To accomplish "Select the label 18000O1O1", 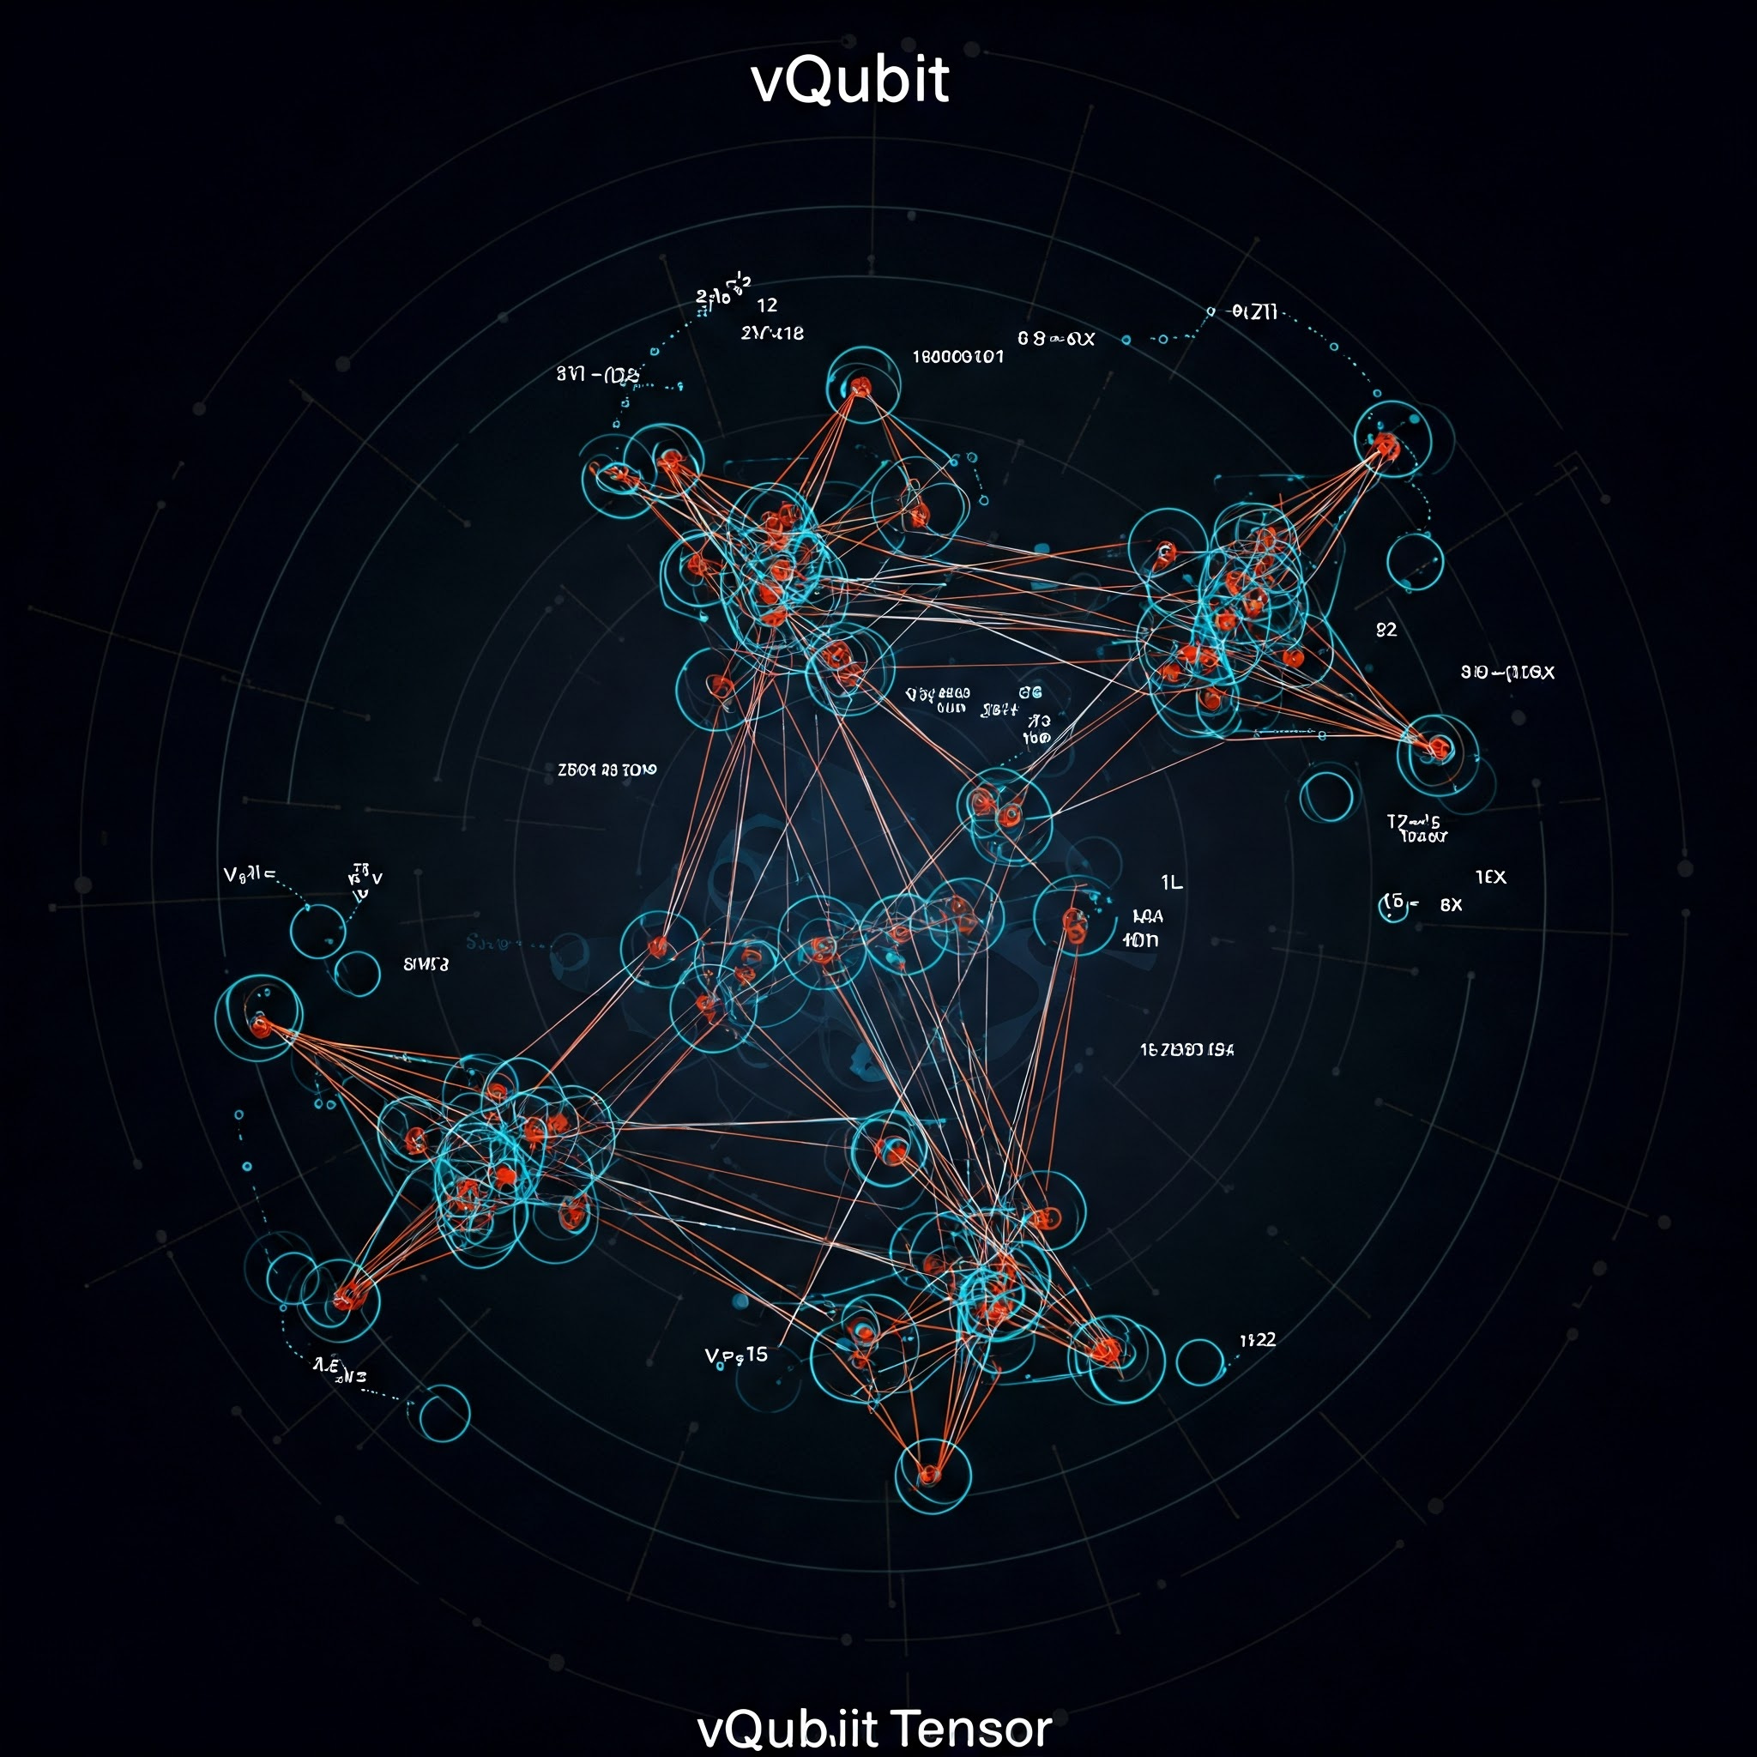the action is (x=957, y=357).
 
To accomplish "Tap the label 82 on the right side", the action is (x=1386, y=630).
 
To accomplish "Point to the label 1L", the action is (x=1171, y=882).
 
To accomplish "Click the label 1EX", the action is (x=1490, y=878).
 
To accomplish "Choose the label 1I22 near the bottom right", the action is (x=1258, y=1339).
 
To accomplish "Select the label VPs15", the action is (x=737, y=1355).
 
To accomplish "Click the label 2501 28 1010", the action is (x=607, y=770).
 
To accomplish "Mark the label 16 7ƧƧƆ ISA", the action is (x=1186, y=1049).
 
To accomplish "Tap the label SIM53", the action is (x=426, y=964).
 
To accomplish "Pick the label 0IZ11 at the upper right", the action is (x=1255, y=313).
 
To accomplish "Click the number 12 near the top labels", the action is (x=767, y=305).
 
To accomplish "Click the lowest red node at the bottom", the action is (x=928, y=1473).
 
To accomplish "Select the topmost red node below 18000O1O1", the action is (x=860, y=389).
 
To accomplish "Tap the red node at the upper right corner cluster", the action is (x=1385, y=444).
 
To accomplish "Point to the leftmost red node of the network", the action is (x=261, y=1027).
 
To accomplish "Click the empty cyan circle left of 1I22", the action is (x=1199, y=1362).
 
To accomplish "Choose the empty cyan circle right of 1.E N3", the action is (x=443, y=1412).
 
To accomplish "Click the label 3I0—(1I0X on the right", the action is (x=1506, y=673).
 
